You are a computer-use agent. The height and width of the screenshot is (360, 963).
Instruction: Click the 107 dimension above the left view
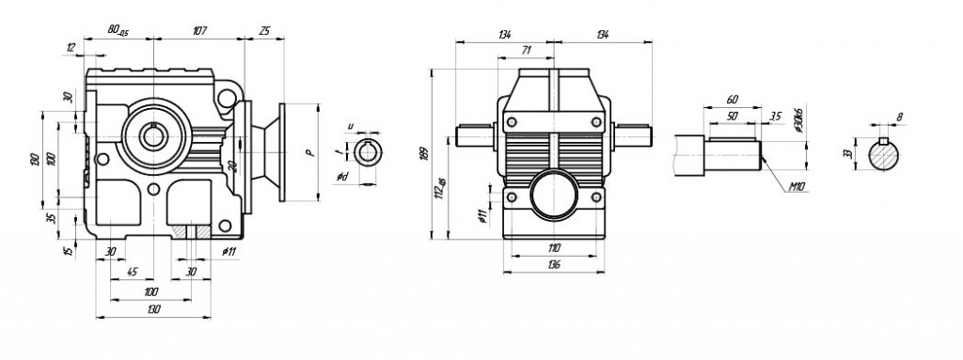coord(200,31)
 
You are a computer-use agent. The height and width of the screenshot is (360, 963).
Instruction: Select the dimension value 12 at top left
coord(71,47)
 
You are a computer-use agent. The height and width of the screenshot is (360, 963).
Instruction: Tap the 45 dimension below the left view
coord(133,273)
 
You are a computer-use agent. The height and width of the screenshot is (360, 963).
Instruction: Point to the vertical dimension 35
coord(52,219)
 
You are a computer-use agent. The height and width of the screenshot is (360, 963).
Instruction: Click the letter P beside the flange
coord(308,152)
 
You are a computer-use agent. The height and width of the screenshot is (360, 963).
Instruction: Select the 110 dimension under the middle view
coord(553,247)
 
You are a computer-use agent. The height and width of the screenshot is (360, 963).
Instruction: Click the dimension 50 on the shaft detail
coord(734,116)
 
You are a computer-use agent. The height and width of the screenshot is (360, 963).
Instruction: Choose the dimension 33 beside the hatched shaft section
coord(847,153)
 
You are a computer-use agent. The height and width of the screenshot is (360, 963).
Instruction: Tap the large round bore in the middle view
coord(552,197)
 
